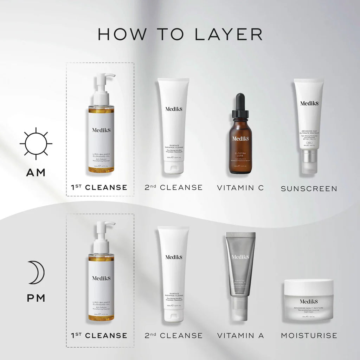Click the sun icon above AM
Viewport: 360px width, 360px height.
36,143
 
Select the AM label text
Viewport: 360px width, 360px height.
36,172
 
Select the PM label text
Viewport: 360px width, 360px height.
36,298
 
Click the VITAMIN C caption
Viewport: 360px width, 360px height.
240,187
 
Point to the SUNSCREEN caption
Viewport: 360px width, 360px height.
309,188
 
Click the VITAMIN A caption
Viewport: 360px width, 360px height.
240,335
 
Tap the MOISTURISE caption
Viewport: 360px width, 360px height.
309,335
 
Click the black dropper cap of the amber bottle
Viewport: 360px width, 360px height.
240,104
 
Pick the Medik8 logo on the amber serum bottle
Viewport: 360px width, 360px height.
240,138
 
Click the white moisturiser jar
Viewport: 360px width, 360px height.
309,300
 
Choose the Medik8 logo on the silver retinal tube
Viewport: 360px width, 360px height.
240,257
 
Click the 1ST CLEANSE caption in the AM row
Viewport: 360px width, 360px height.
99,187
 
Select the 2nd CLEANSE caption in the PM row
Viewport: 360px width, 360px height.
173,335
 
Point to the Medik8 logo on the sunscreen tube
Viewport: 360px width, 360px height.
309,103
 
